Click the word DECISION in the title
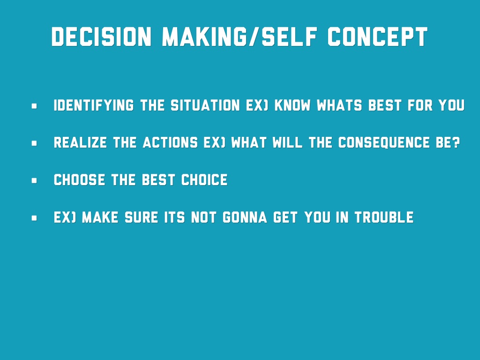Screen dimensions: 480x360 (101, 37)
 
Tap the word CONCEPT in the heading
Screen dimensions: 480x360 (377, 37)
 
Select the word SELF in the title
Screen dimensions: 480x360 (290, 37)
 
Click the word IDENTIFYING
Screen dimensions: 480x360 (94, 105)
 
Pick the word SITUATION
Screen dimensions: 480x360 (205, 105)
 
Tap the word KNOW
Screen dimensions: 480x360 (292, 105)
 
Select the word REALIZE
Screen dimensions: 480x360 (80, 142)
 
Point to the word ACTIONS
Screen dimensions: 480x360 (170, 142)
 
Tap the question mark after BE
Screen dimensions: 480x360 (456, 142)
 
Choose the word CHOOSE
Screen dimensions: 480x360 (79, 180)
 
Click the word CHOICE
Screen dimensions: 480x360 (204, 180)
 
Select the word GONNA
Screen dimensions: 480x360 (245, 217)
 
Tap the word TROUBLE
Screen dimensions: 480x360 (384, 217)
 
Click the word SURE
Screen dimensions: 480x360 (142, 217)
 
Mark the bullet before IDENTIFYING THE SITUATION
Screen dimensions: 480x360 (34, 106)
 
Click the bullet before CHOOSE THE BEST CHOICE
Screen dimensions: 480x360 (34, 180)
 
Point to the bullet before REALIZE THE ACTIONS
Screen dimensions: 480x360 (34, 143)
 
